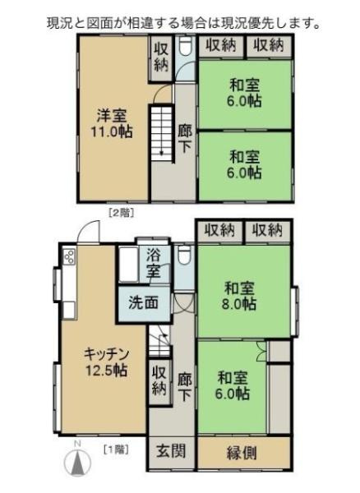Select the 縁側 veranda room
point(244,451)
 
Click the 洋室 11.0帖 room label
point(113,122)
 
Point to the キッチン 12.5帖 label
point(107,362)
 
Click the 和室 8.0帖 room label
point(242,296)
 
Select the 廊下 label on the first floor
point(185,386)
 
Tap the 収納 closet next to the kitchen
point(159,380)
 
